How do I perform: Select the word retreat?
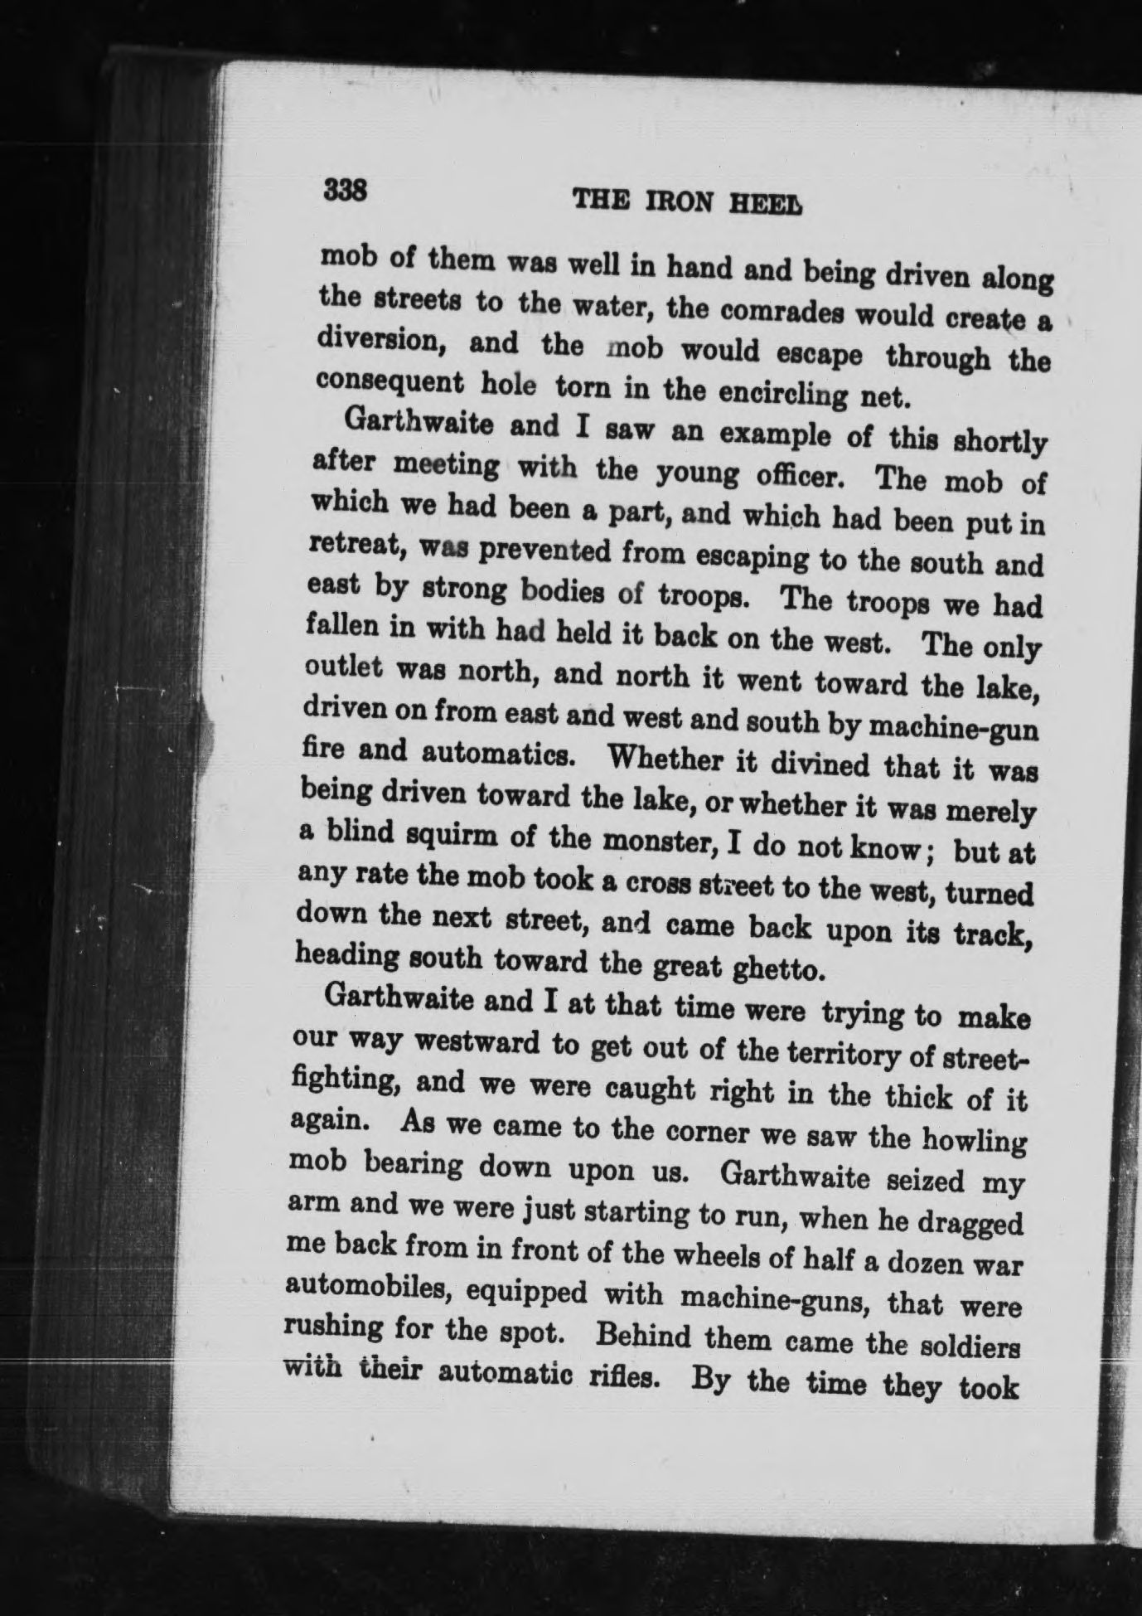pyautogui.click(x=357, y=545)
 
